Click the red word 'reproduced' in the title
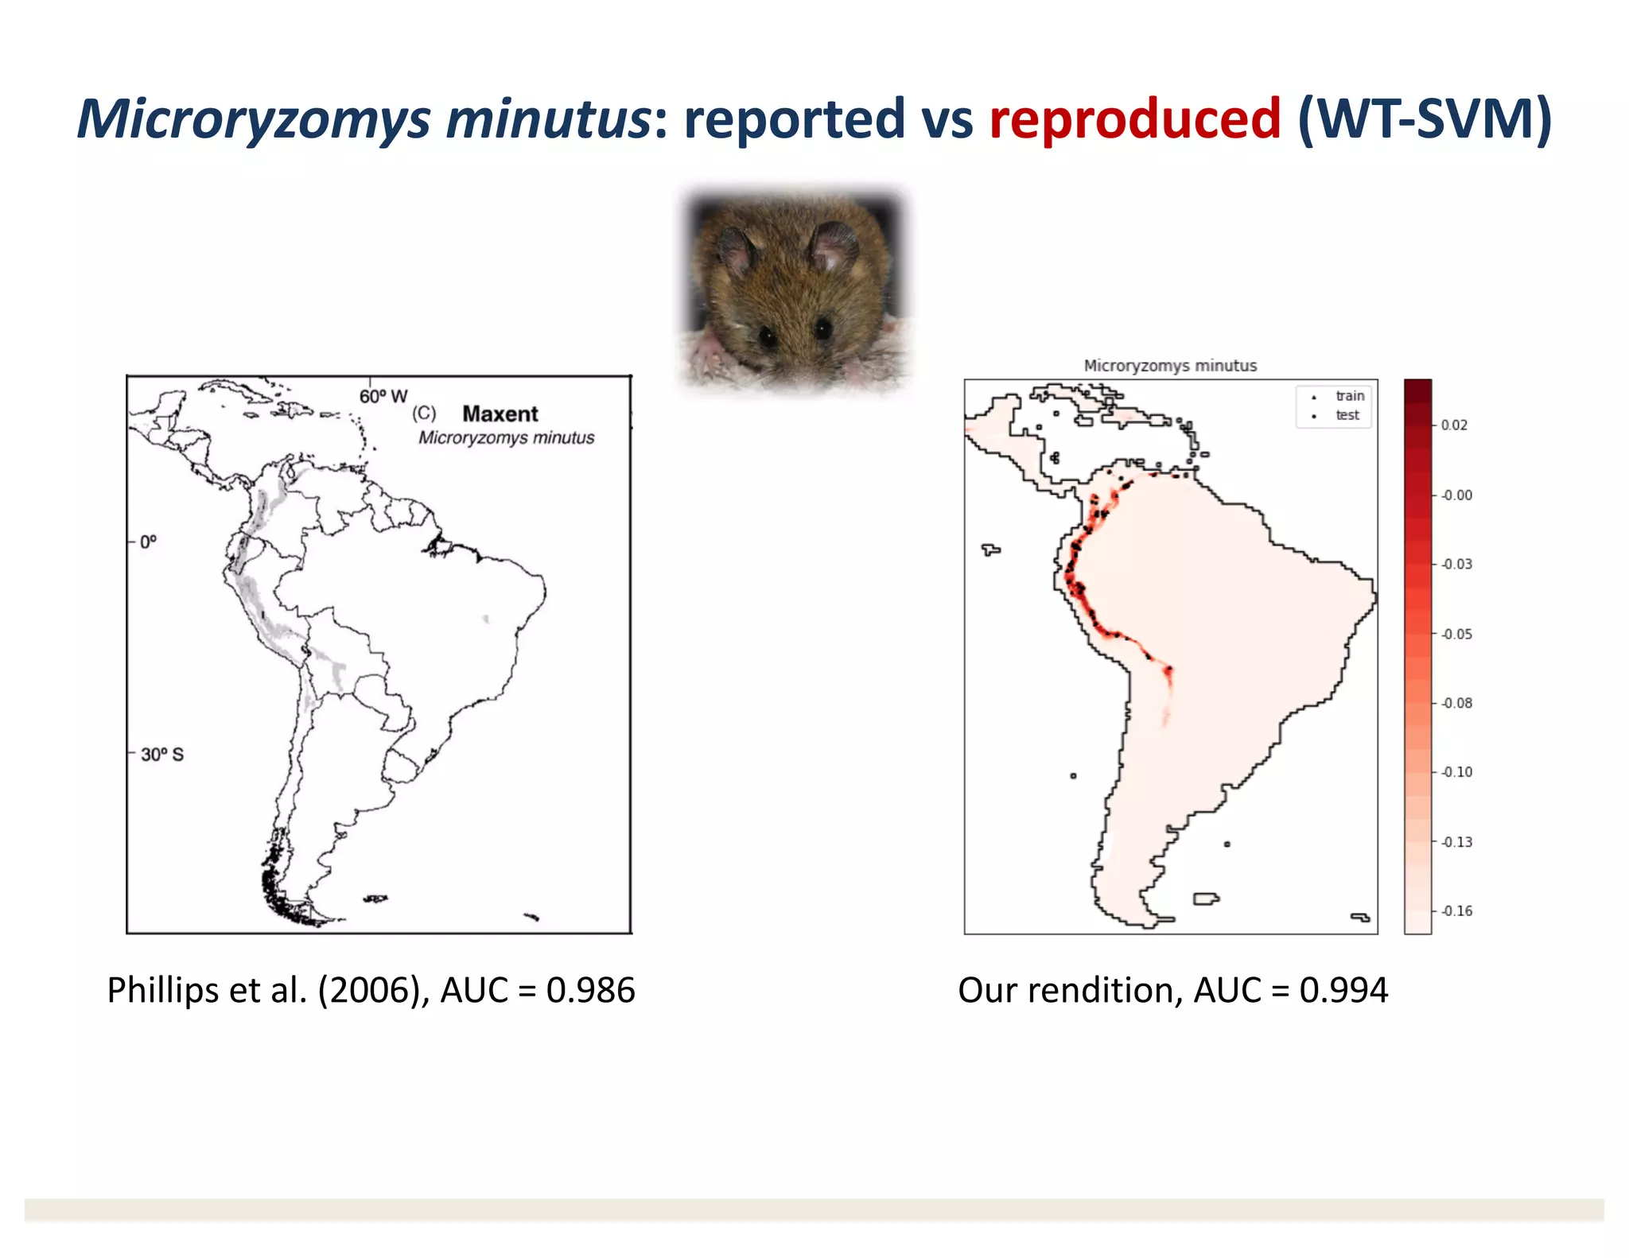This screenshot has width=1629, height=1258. click(1135, 119)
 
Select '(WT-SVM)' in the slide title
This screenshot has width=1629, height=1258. click(1424, 119)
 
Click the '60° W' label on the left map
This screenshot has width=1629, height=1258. click(383, 396)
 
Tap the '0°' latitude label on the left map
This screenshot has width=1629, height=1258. click(148, 542)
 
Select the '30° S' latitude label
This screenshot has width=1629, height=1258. click(162, 754)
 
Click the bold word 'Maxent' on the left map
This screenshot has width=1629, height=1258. click(500, 414)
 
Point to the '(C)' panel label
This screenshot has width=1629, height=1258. click(424, 414)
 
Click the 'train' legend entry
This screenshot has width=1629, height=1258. click(1350, 396)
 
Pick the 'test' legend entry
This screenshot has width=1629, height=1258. click(1347, 415)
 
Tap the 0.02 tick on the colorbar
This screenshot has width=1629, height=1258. click(1454, 425)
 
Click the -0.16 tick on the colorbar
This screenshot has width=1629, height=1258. click(1456, 911)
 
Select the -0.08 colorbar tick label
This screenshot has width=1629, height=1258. click(1456, 703)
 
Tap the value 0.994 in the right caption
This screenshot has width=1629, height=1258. click(1343, 991)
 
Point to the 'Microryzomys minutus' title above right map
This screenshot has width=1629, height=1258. click(1170, 366)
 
